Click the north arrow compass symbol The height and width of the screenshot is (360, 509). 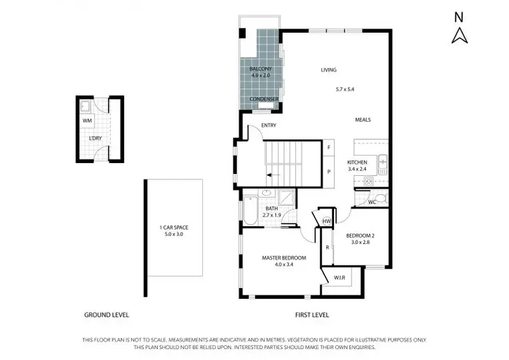pos(459,34)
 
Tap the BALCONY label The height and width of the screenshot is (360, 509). pos(261,69)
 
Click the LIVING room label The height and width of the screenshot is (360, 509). pos(328,70)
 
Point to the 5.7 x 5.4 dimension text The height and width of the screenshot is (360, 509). pos(345,89)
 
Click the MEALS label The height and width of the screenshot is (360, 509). pos(362,120)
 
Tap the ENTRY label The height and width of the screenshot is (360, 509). pos(259,126)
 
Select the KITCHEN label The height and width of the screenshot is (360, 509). pos(357,162)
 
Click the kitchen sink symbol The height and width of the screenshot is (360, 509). pos(383,162)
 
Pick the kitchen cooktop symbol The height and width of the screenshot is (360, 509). pos(369,181)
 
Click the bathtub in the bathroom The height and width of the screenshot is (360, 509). pos(249,209)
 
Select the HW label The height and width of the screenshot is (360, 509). pos(326,221)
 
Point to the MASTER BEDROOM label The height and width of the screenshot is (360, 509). pos(284,258)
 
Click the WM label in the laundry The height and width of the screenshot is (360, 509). pos(87,120)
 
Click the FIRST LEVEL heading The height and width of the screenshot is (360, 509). pos(312,315)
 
